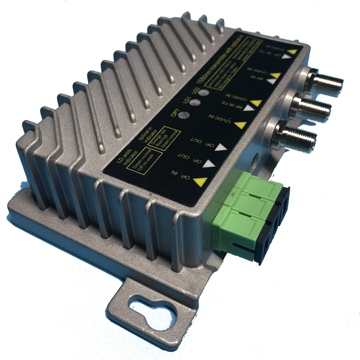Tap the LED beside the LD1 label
point(194,103)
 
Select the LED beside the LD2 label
point(204,93)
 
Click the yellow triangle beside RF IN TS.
point(255,103)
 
